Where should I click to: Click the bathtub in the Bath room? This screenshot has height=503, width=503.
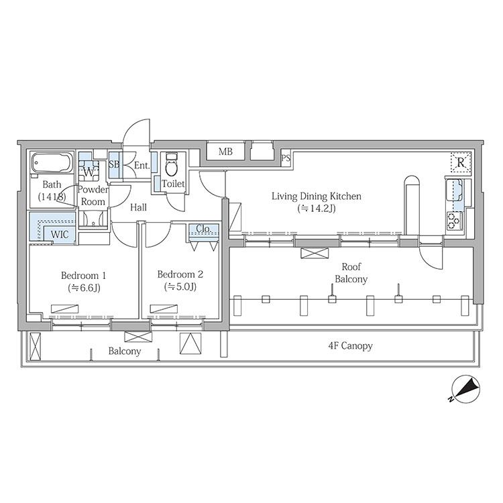click(52, 164)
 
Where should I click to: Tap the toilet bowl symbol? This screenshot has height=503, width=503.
click(171, 165)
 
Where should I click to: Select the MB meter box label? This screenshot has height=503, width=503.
click(225, 152)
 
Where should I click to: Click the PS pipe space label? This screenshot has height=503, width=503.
click(286, 158)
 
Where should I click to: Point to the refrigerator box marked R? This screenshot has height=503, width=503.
click(461, 163)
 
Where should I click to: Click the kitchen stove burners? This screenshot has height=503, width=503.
click(453, 221)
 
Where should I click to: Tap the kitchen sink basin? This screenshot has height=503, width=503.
click(453, 189)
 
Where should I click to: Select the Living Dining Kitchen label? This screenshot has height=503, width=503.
click(317, 196)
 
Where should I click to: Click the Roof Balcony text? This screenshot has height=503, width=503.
click(351, 273)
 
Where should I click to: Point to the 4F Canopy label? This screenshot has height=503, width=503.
click(350, 346)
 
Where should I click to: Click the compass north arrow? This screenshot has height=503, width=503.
click(465, 389)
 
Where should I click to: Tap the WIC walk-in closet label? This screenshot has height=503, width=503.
click(60, 235)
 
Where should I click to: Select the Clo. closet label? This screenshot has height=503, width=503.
click(203, 229)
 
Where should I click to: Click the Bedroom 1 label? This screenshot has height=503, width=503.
click(83, 276)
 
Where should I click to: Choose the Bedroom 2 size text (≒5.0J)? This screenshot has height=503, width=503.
click(180, 287)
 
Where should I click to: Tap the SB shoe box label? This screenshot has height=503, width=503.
click(114, 164)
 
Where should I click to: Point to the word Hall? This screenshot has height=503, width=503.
click(139, 207)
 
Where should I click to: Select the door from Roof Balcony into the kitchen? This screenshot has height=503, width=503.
click(431, 257)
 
